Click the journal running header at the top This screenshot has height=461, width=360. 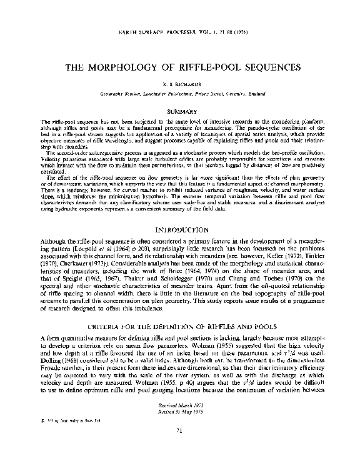click(x=180, y=31)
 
